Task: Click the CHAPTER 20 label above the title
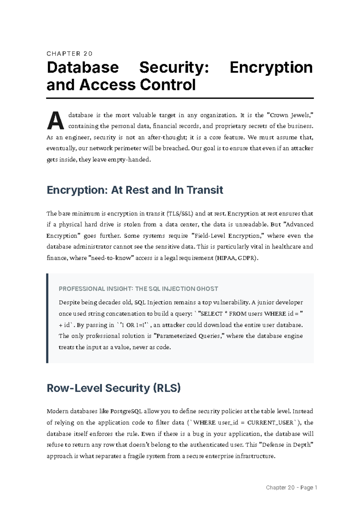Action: [x=70, y=54]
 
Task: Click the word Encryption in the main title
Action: [x=271, y=68]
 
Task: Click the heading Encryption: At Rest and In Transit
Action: [x=135, y=190]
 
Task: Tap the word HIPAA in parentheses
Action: [x=226, y=258]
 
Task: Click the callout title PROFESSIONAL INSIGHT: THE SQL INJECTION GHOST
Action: [x=138, y=289]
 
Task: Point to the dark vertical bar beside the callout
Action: [x=47, y=318]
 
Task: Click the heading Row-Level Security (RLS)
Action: [x=114, y=388]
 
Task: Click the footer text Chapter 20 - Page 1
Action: [x=291, y=488]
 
